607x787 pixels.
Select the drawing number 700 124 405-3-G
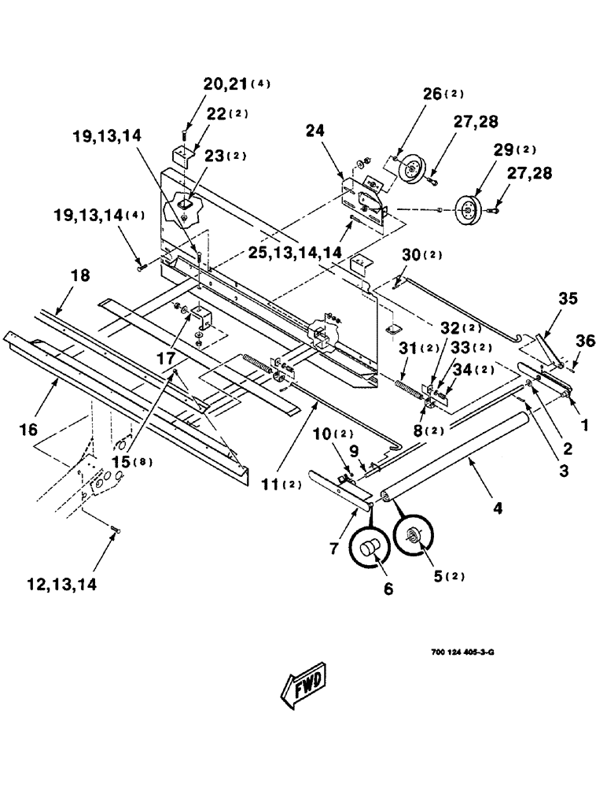pyautogui.click(x=462, y=652)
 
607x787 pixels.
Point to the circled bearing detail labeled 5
pyautogui.click(x=414, y=543)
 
